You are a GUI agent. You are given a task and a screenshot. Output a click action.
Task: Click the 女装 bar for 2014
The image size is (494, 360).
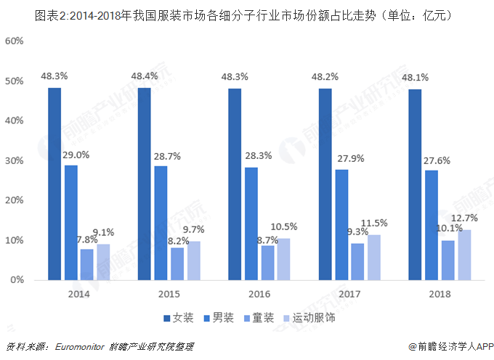coord(54,184)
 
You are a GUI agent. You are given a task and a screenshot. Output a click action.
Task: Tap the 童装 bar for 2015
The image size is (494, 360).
coord(177,263)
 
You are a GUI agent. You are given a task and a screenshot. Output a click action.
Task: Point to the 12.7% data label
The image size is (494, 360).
coord(465,218)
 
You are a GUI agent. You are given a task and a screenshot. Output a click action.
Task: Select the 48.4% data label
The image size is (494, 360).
coord(145,75)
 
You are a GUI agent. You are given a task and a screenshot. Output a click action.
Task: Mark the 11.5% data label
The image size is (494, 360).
coord(375,224)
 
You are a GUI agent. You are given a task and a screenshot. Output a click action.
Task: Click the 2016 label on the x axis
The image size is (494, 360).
coord(259,294)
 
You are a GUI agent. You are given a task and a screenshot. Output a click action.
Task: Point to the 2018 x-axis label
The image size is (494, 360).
coord(439,294)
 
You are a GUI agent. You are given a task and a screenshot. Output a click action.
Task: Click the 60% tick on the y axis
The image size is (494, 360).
coord(15,41)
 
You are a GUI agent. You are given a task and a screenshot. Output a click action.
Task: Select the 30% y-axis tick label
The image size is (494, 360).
coord(15,160)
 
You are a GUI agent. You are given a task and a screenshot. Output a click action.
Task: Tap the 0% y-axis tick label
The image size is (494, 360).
coord(18,279)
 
